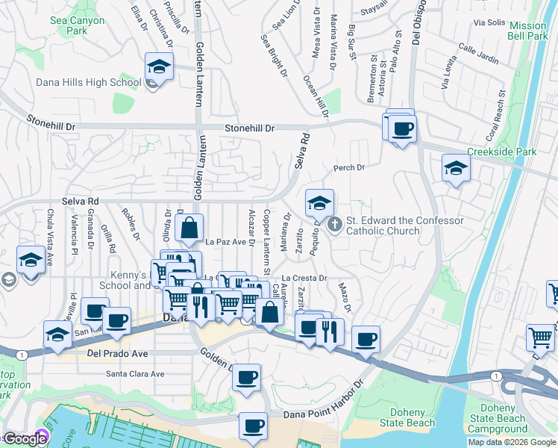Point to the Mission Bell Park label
tap(527, 31)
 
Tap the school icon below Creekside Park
tap(456, 169)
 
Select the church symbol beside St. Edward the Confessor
tap(335, 223)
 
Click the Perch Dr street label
tap(348, 168)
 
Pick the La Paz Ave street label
tap(225, 242)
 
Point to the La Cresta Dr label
tap(305, 278)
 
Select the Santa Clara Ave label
tap(135, 374)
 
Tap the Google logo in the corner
tap(25, 439)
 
